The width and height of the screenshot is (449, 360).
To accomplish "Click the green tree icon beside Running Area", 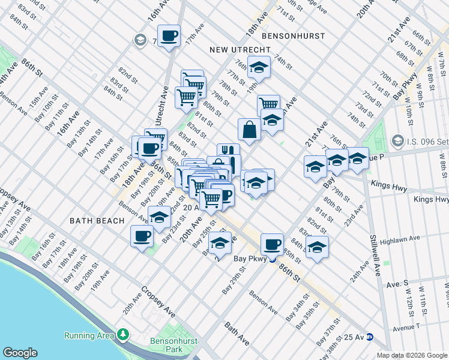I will (123, 334).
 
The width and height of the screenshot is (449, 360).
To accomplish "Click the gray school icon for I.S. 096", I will (397, 141).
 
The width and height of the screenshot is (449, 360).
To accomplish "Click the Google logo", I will (20, 352).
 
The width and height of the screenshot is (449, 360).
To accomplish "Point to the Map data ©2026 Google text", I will (412, 355).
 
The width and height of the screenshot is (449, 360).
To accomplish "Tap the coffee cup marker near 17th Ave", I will (169, 35).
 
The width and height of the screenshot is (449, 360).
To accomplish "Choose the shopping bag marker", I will (249, 128).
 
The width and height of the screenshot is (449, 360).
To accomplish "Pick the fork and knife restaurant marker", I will (228, 152).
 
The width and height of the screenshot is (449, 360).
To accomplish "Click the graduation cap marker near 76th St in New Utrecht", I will (259, 67).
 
